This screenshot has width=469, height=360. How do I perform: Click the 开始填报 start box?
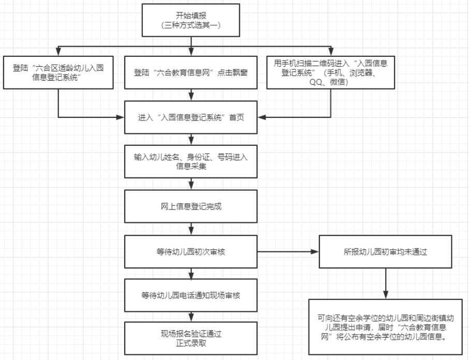point(193,21)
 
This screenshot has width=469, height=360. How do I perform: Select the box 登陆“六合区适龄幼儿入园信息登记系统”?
point(57,72)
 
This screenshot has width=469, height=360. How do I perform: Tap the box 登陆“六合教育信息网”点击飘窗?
point(192,72)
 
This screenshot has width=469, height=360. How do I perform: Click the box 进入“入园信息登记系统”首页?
point(192,117)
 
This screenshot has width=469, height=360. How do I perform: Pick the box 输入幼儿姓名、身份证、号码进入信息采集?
point(192,161)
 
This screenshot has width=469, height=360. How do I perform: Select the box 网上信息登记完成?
point(192,206)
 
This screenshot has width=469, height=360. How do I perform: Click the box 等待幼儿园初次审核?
point(192,251)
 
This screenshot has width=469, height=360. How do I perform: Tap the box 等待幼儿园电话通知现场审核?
point(192,295)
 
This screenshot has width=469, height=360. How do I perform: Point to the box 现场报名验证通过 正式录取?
point(192,338)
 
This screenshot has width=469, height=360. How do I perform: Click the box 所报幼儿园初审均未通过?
point(386,252)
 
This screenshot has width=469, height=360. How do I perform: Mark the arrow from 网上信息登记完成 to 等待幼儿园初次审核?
point(192,228)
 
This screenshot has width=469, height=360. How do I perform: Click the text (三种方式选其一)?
point(193,25)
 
